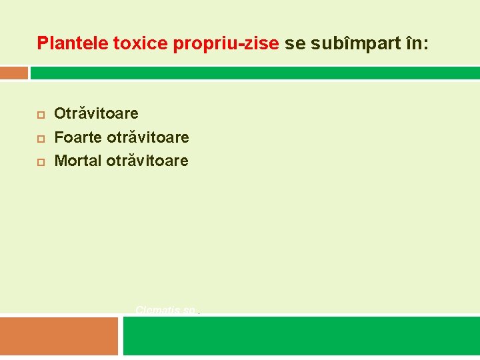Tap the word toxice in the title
pyautogui.click(x=141, y=44)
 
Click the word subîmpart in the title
pyautogui.click(x=351, y=44)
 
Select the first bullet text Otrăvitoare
pyautogui.click(x=96, y=114)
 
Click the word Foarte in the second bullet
pyautogui.click(x=77, y=137)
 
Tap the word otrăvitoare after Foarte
pyautogui.click(x=147, y=137)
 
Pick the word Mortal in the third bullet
pyautogui.click(x=78, y=161)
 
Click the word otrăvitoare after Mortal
pyautogui.click(x=147, y=161)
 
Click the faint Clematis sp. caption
pyautogui.click(x=166, y=310)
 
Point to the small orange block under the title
pyautogui.click(x=14, y=73)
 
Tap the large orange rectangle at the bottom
pyautogui.click(x=59, y=336)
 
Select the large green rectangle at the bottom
pyautogui.click(x=301, y=336)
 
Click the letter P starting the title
pyautogui.click(x=43, y=44)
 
